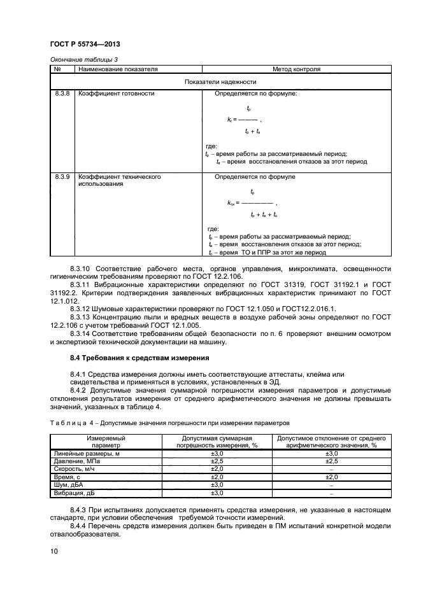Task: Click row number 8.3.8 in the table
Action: [63, 94]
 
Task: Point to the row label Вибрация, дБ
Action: [71, 493]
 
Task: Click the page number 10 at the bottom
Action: [54, 551]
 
